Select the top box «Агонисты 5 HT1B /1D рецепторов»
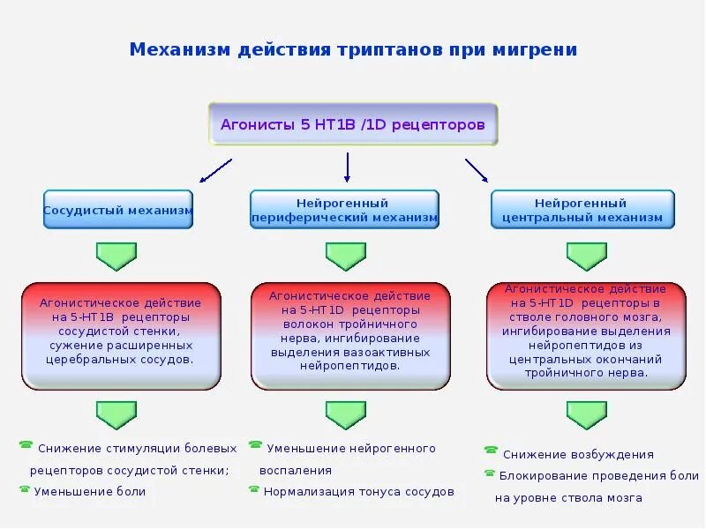coord(353,124)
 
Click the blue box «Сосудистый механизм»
coord(118,210)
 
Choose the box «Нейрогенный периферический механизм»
coord(344,210)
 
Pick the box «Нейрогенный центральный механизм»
coord(582,210)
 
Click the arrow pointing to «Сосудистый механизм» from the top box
coord(215,170)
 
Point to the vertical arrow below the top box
coord(348,167)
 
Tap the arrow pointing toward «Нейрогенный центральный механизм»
coord(477,169)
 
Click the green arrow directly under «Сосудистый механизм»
coord(116,256)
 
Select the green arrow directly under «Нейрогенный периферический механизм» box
coord(345,256)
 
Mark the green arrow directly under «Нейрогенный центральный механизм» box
coord(586,256)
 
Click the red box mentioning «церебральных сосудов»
coord(121,335)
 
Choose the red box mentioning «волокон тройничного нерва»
coord(350,335)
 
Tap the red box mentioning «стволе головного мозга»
coord(586,335)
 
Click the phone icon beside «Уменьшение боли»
coord(25,488)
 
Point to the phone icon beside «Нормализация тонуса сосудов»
coord(254,488)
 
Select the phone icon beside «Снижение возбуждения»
coord(491,451)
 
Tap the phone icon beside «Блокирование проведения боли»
coord(490,473)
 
